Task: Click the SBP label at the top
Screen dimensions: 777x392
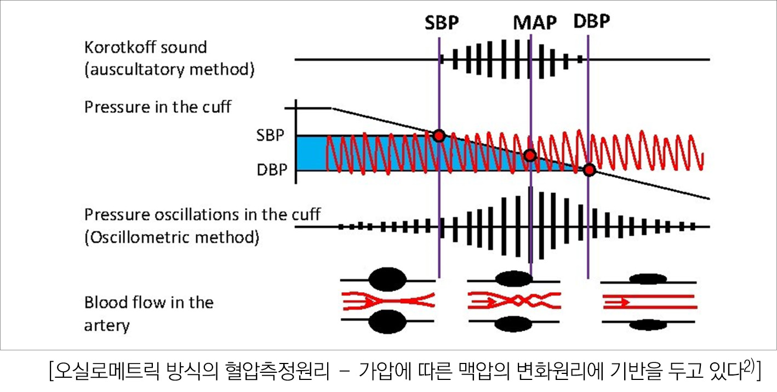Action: (x=442, y=22)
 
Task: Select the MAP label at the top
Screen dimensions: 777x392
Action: (x=535, y=22)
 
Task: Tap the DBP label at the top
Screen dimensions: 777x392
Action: (x=591, y=21)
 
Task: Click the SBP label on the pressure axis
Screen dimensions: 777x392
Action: (x=270, y=135)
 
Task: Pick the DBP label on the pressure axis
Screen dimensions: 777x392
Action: (x=272, y=170)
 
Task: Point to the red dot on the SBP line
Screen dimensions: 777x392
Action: (x=439, y=136)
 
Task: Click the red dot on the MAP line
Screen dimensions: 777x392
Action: (x=530, y=155)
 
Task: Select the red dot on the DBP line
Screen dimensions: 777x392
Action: (x=589, y=170)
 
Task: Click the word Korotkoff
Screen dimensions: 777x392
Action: (x=118, y=47)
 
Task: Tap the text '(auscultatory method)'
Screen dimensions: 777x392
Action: (x=170, y=70)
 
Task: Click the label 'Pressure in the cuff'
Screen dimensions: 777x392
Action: (x=158, y=107)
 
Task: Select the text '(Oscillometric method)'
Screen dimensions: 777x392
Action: (x=172, y=237)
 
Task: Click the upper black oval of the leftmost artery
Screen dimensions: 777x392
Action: (x=387, y=279)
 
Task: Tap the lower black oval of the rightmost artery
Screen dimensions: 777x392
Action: (x=648, y=325)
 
